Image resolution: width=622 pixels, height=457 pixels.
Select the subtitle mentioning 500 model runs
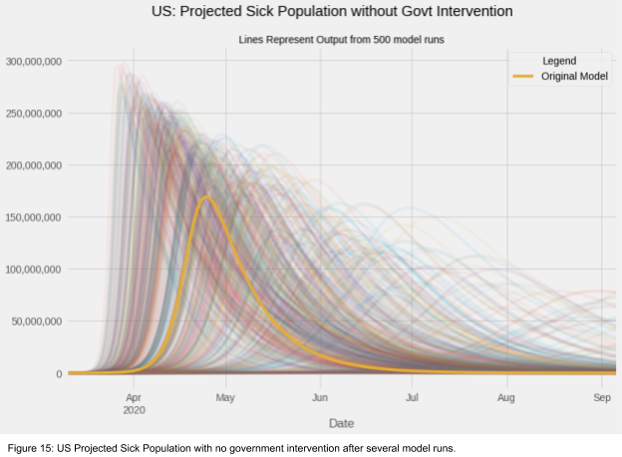341,40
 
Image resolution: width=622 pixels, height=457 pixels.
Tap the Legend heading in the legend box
559,61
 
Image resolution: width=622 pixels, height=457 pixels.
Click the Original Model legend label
574,77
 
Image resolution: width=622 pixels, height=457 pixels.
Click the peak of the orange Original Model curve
206,197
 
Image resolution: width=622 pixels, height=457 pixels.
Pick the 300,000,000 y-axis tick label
34,62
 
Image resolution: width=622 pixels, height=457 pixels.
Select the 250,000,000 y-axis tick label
34,114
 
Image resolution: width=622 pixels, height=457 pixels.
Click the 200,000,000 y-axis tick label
34,165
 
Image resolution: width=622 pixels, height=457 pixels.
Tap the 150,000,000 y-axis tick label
34,217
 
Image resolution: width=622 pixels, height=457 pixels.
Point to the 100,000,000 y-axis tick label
34,269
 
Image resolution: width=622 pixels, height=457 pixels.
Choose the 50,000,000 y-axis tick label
37,322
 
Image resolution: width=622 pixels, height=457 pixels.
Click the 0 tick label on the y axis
59,373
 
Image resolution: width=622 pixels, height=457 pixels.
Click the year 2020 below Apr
134,409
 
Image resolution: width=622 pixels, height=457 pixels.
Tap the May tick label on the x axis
226,397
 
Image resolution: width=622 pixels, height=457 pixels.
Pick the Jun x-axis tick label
320,397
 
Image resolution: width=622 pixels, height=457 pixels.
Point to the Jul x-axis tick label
412,397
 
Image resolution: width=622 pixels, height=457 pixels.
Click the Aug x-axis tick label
506,397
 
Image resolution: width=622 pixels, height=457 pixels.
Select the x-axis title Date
341,423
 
